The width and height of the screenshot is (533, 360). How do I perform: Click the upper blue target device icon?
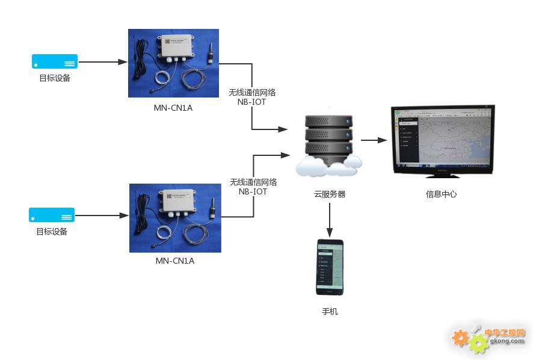coord(55,61)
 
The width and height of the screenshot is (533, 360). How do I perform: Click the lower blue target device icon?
coord(52,215)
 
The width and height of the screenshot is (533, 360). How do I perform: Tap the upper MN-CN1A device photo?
coord(173,63)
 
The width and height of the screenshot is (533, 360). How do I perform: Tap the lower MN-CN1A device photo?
coord(175,218)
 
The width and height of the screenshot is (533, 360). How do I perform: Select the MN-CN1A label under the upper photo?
coord(173,108)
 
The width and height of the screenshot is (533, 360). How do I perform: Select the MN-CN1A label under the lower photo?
coord(175,261)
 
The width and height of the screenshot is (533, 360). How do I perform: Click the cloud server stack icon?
coord(328,141)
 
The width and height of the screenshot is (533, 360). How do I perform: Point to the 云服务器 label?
coord(330,194)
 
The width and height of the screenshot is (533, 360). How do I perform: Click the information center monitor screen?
coord(442,137)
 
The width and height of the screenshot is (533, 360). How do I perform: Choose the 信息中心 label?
coord(441,194)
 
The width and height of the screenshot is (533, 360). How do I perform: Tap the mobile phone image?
coord(330,267)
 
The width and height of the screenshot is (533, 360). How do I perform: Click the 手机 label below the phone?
coord(330,312)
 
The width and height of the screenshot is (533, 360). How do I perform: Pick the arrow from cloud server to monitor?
coord(374,140)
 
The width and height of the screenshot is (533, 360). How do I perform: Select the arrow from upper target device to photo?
coord(102,61)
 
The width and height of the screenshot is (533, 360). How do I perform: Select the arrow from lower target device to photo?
coord(102,215)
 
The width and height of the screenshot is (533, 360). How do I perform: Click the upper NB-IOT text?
coord(251,102)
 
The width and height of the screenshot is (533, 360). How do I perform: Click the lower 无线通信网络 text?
coord(253,182)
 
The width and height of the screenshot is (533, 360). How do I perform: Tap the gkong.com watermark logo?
coord(488,338)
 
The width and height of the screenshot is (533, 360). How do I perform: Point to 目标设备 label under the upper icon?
coord(55,78)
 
